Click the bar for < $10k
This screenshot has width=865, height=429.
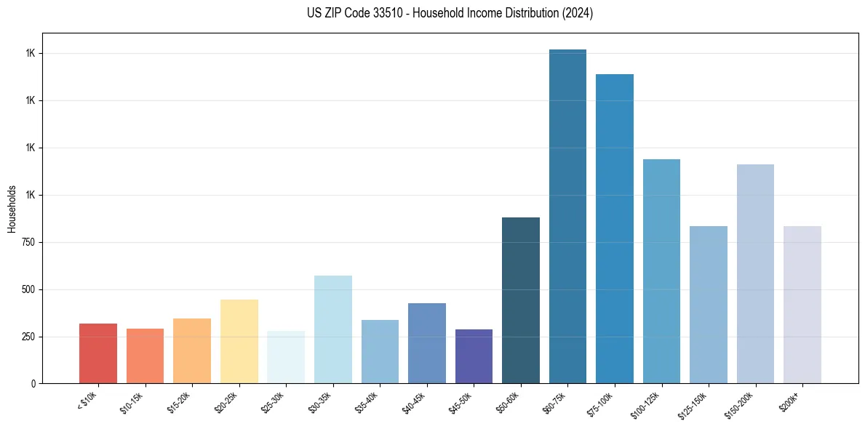coord(98,353)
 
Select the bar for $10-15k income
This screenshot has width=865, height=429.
coord(145,356)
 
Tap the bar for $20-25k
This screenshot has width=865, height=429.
coord(239,341)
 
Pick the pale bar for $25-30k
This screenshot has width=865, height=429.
coord(286,357)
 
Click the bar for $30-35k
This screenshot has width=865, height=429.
coord(332,329)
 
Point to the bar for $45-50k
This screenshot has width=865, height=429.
coord(474,356)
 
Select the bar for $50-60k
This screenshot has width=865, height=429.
coord(521,300)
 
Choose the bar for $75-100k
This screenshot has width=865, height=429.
coord(615,228)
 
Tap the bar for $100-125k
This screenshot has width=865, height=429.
coord(661,271)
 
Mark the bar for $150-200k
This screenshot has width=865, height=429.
coord(755,273)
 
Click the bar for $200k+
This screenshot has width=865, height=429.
coord(802,305)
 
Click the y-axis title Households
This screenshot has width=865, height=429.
coord(12,209)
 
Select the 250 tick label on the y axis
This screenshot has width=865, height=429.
coord(28,337)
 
